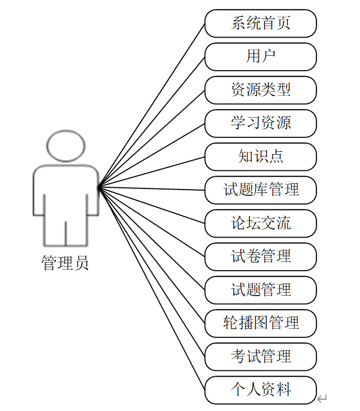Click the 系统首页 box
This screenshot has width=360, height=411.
pos(260,24)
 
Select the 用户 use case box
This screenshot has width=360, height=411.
pos(260,57)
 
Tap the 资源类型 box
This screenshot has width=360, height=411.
pos(260,90)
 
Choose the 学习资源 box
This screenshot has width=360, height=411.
pos(260,123)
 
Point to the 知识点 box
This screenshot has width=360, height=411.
pos(260,157)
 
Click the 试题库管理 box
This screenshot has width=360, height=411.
pos(260,190)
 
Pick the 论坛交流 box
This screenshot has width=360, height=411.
pos(260,223)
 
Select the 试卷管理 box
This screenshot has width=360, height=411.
pos(260,256)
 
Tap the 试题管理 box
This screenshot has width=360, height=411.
pos(260,289)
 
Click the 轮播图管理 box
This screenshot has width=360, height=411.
pos(260,323)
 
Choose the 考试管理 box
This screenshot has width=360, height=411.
pos(260,356)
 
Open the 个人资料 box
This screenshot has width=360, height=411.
pos(260,390)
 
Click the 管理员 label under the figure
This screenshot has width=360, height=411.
pos(65,264)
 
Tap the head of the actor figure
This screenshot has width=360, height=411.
pos(66,146)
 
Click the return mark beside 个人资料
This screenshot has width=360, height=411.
pos(322,398)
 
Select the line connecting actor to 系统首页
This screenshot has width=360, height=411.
pos(152,106)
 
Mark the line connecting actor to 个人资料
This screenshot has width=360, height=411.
pos(152,288)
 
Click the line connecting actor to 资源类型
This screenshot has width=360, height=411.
pos(152,138)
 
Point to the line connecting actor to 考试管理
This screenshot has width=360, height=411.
pos(152,271)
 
